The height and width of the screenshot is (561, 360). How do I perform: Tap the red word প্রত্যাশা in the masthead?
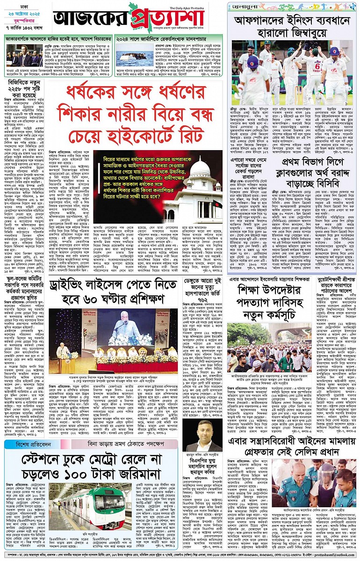click(168, 19)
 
